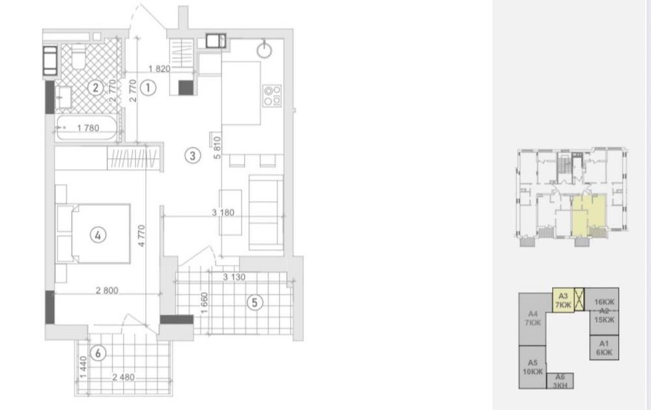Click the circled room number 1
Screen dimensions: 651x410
click(148, 88)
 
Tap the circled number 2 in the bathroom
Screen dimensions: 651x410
click(96, 88)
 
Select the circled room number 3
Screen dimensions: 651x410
click(192, 156)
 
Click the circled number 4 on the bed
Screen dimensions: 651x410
click(98, 236)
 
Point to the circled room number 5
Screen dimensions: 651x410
click(255, 303)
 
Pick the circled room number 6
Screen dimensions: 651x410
click(98, 353)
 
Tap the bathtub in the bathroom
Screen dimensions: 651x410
click(88, 128)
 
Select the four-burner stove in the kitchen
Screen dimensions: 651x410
click(272, 96)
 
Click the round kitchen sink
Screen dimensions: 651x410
click(264, 50)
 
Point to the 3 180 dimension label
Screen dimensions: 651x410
click(223, 212)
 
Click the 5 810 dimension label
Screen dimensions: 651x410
click(217, 147)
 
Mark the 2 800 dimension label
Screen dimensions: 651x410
click(107, 290)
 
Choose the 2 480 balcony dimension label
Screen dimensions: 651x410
click(123, 377)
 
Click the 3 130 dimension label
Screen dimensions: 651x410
click(234, 277)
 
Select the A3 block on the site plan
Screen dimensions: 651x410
click(563, 300)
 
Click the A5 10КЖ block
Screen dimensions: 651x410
click(533, 367)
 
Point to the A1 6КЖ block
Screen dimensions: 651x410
click(604, 348)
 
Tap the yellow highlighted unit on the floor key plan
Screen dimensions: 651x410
click(588, 217)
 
